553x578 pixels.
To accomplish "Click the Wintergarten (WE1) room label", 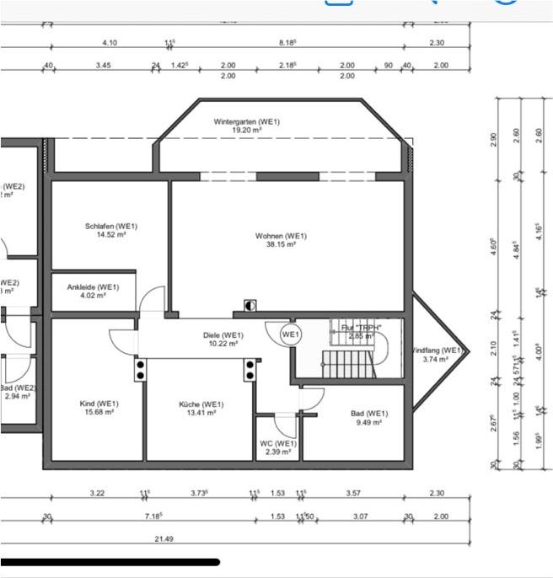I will [246, 122].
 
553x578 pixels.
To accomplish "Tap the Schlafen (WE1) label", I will [110, 226].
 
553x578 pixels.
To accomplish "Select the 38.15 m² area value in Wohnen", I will [281, 244].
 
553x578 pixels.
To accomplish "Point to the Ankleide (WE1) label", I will [93, 287].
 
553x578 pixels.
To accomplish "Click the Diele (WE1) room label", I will [223, 334].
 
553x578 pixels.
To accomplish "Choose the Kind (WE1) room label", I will [95, 403].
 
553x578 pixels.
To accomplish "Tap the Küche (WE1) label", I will [201, 404].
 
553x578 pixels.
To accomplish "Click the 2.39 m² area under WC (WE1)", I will [278, 452].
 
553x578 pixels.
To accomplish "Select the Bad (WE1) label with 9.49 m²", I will [369, 413].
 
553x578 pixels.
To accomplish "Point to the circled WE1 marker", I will [291, 334].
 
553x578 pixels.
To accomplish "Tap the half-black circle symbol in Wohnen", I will [250, 305].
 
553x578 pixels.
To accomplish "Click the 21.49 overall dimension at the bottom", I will [164, 538].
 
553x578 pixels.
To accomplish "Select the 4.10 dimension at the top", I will [110, 42].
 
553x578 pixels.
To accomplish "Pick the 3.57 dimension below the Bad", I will [354, 493].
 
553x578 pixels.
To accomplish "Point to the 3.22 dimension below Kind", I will [97, 493].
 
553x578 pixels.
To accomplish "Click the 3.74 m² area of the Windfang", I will [436, 359].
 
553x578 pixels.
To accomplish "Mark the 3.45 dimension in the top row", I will [103, 65].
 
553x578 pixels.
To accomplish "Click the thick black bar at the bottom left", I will [110, 561].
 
